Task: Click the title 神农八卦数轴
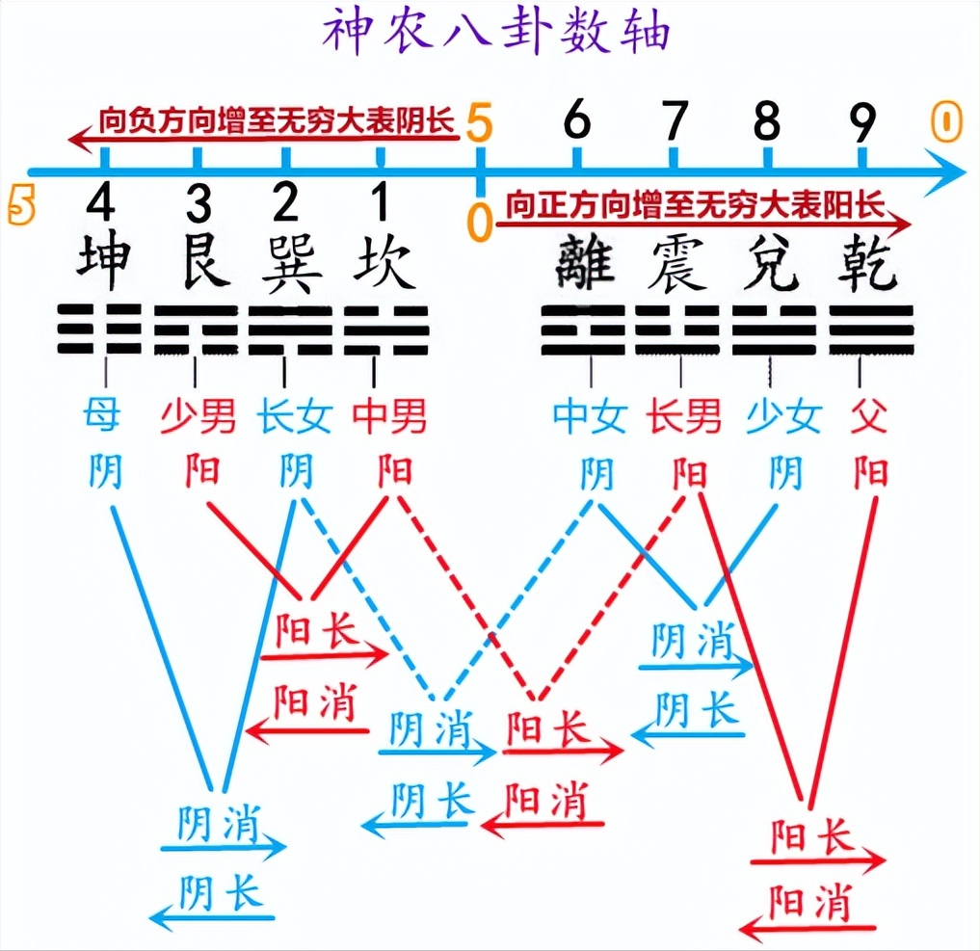pos(496,31)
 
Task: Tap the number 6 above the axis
pos(577,119)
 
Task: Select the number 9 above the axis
pos(861,121)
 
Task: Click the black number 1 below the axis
pos(380,201)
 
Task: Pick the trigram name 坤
pos(104,260)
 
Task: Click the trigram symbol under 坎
pos(386,330)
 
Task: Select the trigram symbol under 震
pos(677,330)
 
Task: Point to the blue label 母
pos(101,414)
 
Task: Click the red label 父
pos(869,415)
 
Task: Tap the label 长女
pos(294,416)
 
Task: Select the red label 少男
pos(199,416)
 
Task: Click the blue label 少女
pos(783,416)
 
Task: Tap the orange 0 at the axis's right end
pos(946,121)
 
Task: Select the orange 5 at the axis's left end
pos(20,205)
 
